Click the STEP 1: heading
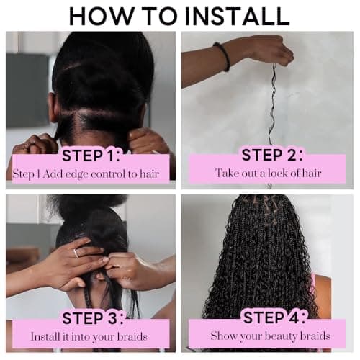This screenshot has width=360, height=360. pyautogui.click(x=91, y=155)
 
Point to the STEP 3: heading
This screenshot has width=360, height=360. pyautogui.click(x=91, y=318)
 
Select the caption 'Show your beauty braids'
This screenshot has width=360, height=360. pyautogui.click(x=269, y=336)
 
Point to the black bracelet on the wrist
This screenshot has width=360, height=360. pyautogui.click(x=221, y=57)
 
